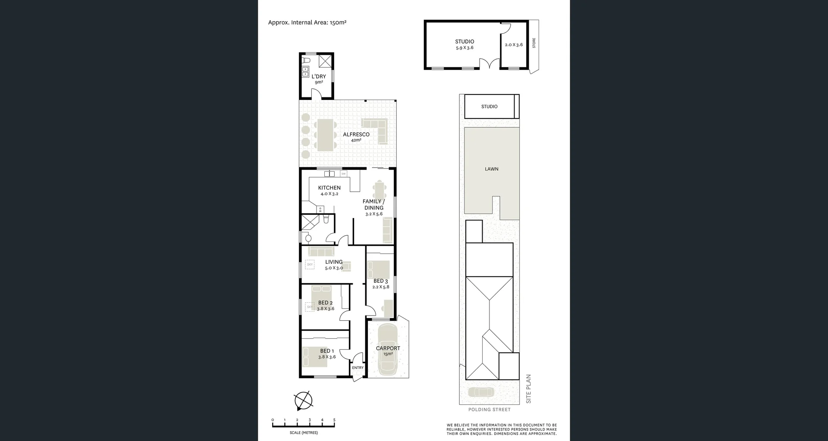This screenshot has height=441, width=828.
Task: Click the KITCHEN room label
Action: [329, 188]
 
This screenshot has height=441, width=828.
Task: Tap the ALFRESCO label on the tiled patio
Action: [356, 134]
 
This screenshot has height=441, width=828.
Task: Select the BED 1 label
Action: [327, 351]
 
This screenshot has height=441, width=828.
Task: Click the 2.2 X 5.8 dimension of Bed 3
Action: [380, 287]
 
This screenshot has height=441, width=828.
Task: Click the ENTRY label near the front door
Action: [358, 368]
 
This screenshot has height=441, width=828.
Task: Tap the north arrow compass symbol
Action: [303, 401]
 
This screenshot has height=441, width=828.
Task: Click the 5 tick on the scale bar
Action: [334, 420]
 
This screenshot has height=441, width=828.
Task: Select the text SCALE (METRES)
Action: [304, 432]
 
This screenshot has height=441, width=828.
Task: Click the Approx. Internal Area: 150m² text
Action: [307, 22]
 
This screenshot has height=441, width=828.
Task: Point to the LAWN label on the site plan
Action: [491, 169]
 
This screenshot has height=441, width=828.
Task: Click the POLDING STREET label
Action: [489, 410]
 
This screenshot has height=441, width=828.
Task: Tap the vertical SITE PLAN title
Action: [529, 388]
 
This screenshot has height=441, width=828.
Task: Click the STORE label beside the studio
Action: [534, 43]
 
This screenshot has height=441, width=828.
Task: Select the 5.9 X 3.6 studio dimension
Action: [464, 48]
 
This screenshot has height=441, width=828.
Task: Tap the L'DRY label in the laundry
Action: [319, 76]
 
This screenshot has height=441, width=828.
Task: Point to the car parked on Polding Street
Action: [481, 392]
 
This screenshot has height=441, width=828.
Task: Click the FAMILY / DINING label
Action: [373, 204]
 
